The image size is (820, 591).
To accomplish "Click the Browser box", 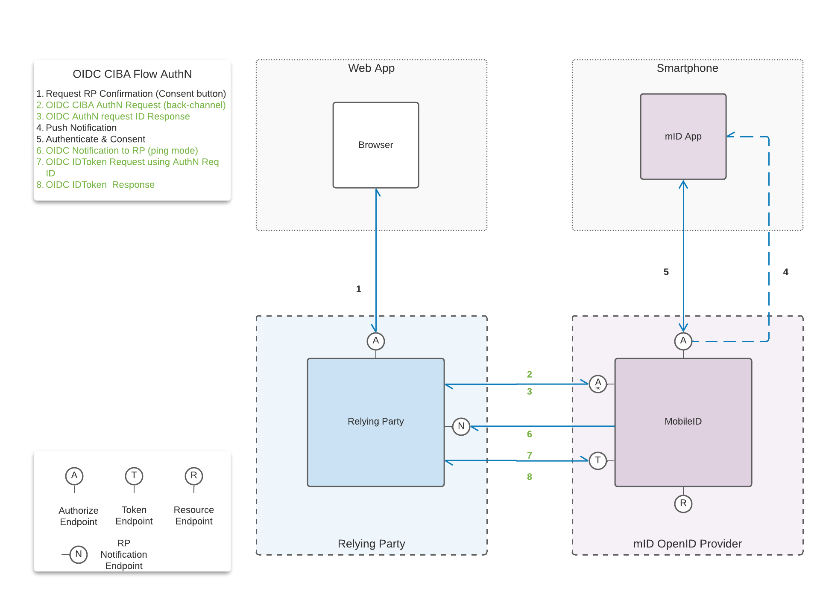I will tap(375, 145).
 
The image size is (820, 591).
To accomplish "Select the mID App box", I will tap(683, 137).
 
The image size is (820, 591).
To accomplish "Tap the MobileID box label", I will tap(683, 421).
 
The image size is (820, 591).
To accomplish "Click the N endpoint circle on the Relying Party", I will tap(461, 426).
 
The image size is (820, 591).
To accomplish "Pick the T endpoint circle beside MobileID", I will tap(597, 460).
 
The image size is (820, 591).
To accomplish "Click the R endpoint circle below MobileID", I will tap(683, 504).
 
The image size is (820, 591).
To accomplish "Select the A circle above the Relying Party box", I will tap(376, 341).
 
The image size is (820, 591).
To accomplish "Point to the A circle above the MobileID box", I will tap(683, 341).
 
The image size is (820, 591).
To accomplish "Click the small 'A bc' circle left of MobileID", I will tap(597, 384).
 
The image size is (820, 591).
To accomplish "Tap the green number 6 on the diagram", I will tap(529, 434).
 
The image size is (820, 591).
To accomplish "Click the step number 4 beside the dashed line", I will tap(785, 272).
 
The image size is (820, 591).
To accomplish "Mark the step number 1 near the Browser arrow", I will tap(359, 289).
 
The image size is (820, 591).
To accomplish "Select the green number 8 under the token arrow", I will tap(529, 477).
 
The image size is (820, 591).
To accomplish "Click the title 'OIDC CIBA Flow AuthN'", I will tap(132, 74).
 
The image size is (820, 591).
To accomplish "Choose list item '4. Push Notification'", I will tap(76, 128).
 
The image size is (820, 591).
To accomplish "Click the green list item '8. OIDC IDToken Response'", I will tap(96, 184).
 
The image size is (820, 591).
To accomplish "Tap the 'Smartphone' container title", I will tap(687, 68).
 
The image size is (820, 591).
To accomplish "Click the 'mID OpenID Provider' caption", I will tap(687, 544).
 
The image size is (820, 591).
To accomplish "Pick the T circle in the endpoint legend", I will tap(134, 476).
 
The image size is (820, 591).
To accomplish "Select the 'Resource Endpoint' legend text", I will tap(194, 515).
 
